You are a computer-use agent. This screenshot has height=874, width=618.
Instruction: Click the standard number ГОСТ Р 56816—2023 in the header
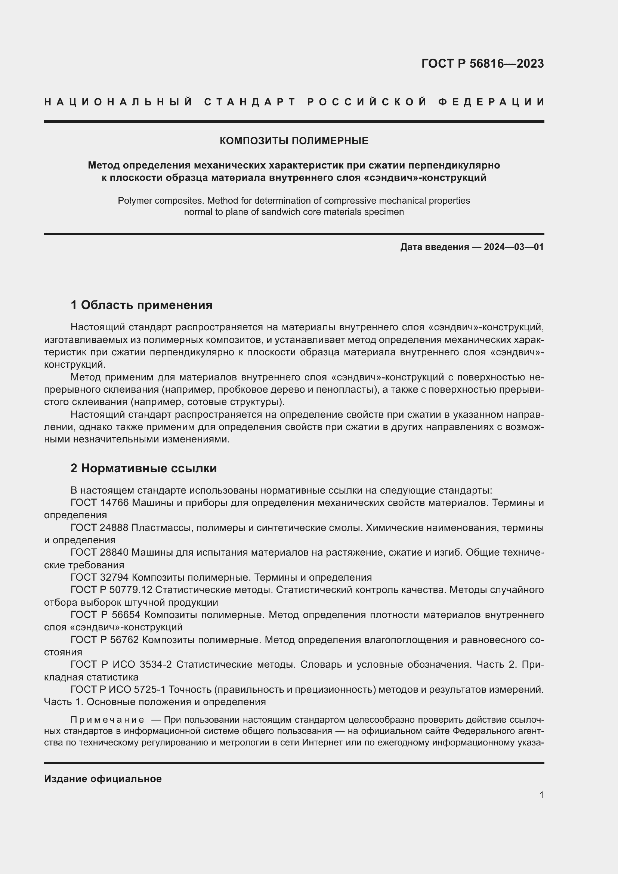pyautogui.click(x=482, y=64)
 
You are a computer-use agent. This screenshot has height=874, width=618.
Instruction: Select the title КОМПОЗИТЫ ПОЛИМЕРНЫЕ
pyautogui.click(x=294, y=141)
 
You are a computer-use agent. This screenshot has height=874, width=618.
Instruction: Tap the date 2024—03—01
pyautogui.click(x=513, y=247)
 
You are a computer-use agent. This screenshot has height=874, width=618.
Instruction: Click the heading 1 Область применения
pyautogui.click(x=141, y=305)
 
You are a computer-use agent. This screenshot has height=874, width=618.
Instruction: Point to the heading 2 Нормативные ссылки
pyautogui.click(x=143, y=468)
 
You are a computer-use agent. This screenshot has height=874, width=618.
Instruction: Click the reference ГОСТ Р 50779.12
pyautogui.click(x=111, y=590)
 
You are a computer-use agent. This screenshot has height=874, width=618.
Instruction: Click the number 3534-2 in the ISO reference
pyautogui.click(x=156, y=665)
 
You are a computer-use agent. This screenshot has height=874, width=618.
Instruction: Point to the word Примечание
pyautogui.click(x=107, y=720)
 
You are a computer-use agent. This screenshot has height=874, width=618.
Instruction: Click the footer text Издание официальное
pyautogui.click(x=103, y=779)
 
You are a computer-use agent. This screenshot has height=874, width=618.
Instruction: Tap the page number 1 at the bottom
pyautogui.click(x=541, y=795)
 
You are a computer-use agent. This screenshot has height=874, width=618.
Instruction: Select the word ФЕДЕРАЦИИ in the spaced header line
pyautogui.click(x=491, y=102)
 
